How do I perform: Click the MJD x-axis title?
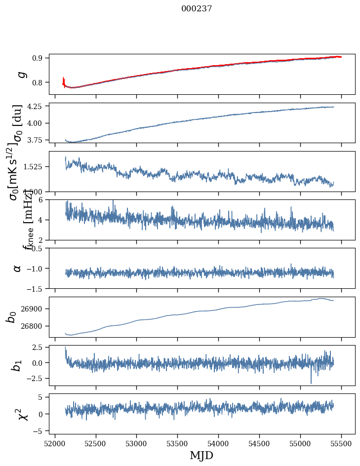point(201,456)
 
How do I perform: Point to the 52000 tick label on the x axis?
point(55,443)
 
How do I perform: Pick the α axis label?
point(17,268)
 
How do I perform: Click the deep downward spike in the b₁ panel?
point(311,382)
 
